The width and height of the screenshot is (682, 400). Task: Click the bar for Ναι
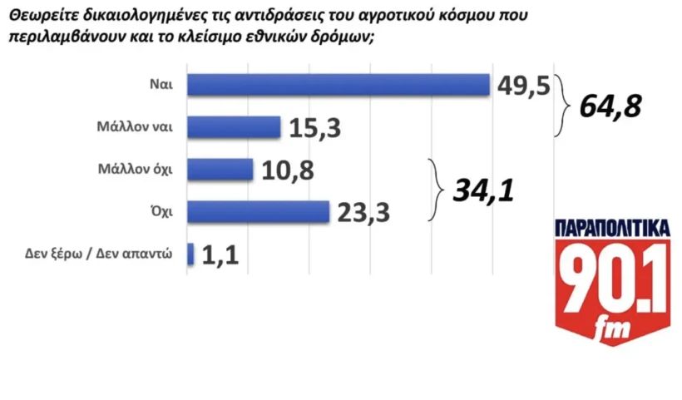(338, 85)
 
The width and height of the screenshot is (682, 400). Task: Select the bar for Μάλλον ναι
(235, 127)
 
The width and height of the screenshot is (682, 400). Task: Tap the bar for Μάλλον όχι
(220, 170)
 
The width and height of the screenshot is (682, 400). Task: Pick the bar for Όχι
(259, 212)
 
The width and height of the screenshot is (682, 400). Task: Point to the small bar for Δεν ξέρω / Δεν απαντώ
(191, 254)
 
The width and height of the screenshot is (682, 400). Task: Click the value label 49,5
(523, 85)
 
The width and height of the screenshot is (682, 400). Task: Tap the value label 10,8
(287, 170)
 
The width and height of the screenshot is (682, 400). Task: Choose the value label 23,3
(364, 213)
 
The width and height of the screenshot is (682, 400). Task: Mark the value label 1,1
(220, 255)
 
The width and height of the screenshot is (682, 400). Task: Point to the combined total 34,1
(483, 192)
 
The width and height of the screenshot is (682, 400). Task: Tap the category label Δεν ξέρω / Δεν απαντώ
(98, 254)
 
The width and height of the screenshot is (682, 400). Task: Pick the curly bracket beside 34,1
(434, 190)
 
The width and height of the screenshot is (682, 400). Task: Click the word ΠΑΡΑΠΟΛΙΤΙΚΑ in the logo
(612, 229)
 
